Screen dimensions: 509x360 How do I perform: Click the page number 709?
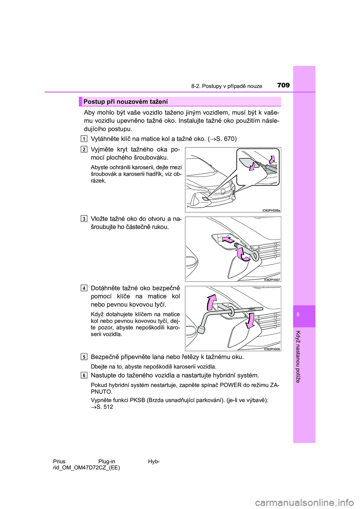[x=283, y=85]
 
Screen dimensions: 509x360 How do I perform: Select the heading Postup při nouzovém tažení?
[x=126, y=102]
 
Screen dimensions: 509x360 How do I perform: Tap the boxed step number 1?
[x=84, y=139]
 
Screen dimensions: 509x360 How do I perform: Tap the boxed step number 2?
[x=84, y=150]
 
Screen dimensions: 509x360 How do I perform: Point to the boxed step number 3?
[x=84, y=219]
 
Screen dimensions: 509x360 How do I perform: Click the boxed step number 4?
[x=84, y=288]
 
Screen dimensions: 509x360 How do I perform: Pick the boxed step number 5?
[x=84, y=357]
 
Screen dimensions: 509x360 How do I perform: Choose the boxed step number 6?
[x=84, y=375]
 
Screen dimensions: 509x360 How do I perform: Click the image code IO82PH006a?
[x=271, y=210]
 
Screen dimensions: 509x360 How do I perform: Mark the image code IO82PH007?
[x=272, y=280]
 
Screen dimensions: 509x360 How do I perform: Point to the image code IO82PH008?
[x=272, y=349]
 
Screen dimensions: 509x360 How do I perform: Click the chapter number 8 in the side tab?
[x=298, y=314]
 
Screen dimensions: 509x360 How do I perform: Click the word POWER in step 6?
[x=231, y=385]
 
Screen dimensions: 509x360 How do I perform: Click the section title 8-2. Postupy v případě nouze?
[x=226, y=86]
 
